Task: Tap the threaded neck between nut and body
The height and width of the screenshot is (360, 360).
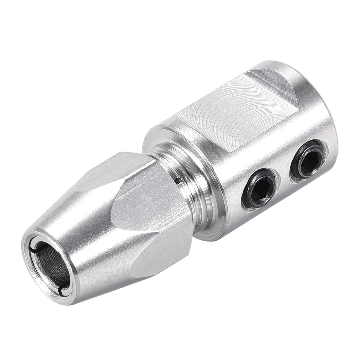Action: [187, 193]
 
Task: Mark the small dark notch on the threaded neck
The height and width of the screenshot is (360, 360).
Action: [178, 180]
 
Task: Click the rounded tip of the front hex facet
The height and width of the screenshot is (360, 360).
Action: [113, 213]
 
